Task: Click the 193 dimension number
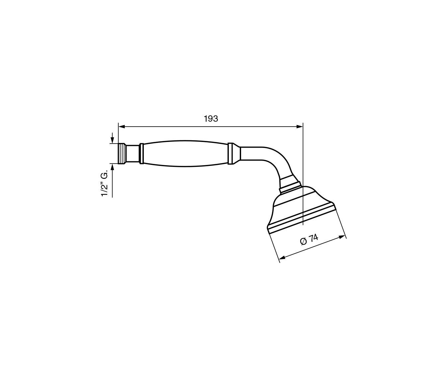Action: coord(211,119)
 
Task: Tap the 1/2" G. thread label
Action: coord(105,185)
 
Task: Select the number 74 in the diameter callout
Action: coord(313,238)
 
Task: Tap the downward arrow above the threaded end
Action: coord(113,140)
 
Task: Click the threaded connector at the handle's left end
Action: coord(122,154)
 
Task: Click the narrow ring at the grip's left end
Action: coord(142,154)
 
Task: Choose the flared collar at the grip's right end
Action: coord(233,154)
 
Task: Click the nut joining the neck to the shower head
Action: coord(290,184)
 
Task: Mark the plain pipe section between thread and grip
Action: coord(133,154)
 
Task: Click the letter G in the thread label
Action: coord(105,177)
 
